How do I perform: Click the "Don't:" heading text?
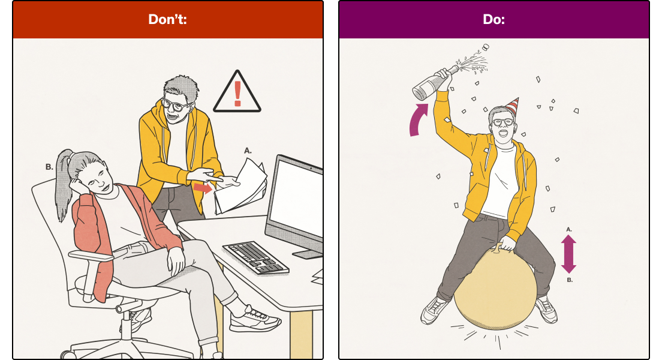pyautogui.click(x=167, y=19)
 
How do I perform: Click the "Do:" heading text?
pyautogui.click(x=494, y=19)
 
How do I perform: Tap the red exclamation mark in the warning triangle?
pyautogui.click(x=237, y=94)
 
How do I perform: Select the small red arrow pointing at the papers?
pyautogui.click(x=203, y=188)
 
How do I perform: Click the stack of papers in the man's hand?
pyautogui.click(x=240, y=187)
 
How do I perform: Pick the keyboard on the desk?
pyautogui.click(x=255, y=257)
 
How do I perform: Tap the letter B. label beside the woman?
pyautogui.click(x=49, y=167)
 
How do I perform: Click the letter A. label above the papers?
pyautogui.click(x=248, y=151)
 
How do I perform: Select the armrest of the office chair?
pyautogui.click(x=91, y=256)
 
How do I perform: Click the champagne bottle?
pyautogui.click(x=435, y=82)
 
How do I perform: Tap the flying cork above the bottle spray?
pyautogui.click(x=486, y=47)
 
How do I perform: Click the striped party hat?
pyautogui.click(x=512, y=106)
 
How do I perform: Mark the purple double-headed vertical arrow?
pyautogui.click(x=568, y=254)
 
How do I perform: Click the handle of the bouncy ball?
pyautogui.click(x=499, y=248)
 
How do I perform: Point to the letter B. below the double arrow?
pyautogui.click(x=570, y=280)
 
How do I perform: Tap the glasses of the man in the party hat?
pyautogui.click(x=503, y=122)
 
